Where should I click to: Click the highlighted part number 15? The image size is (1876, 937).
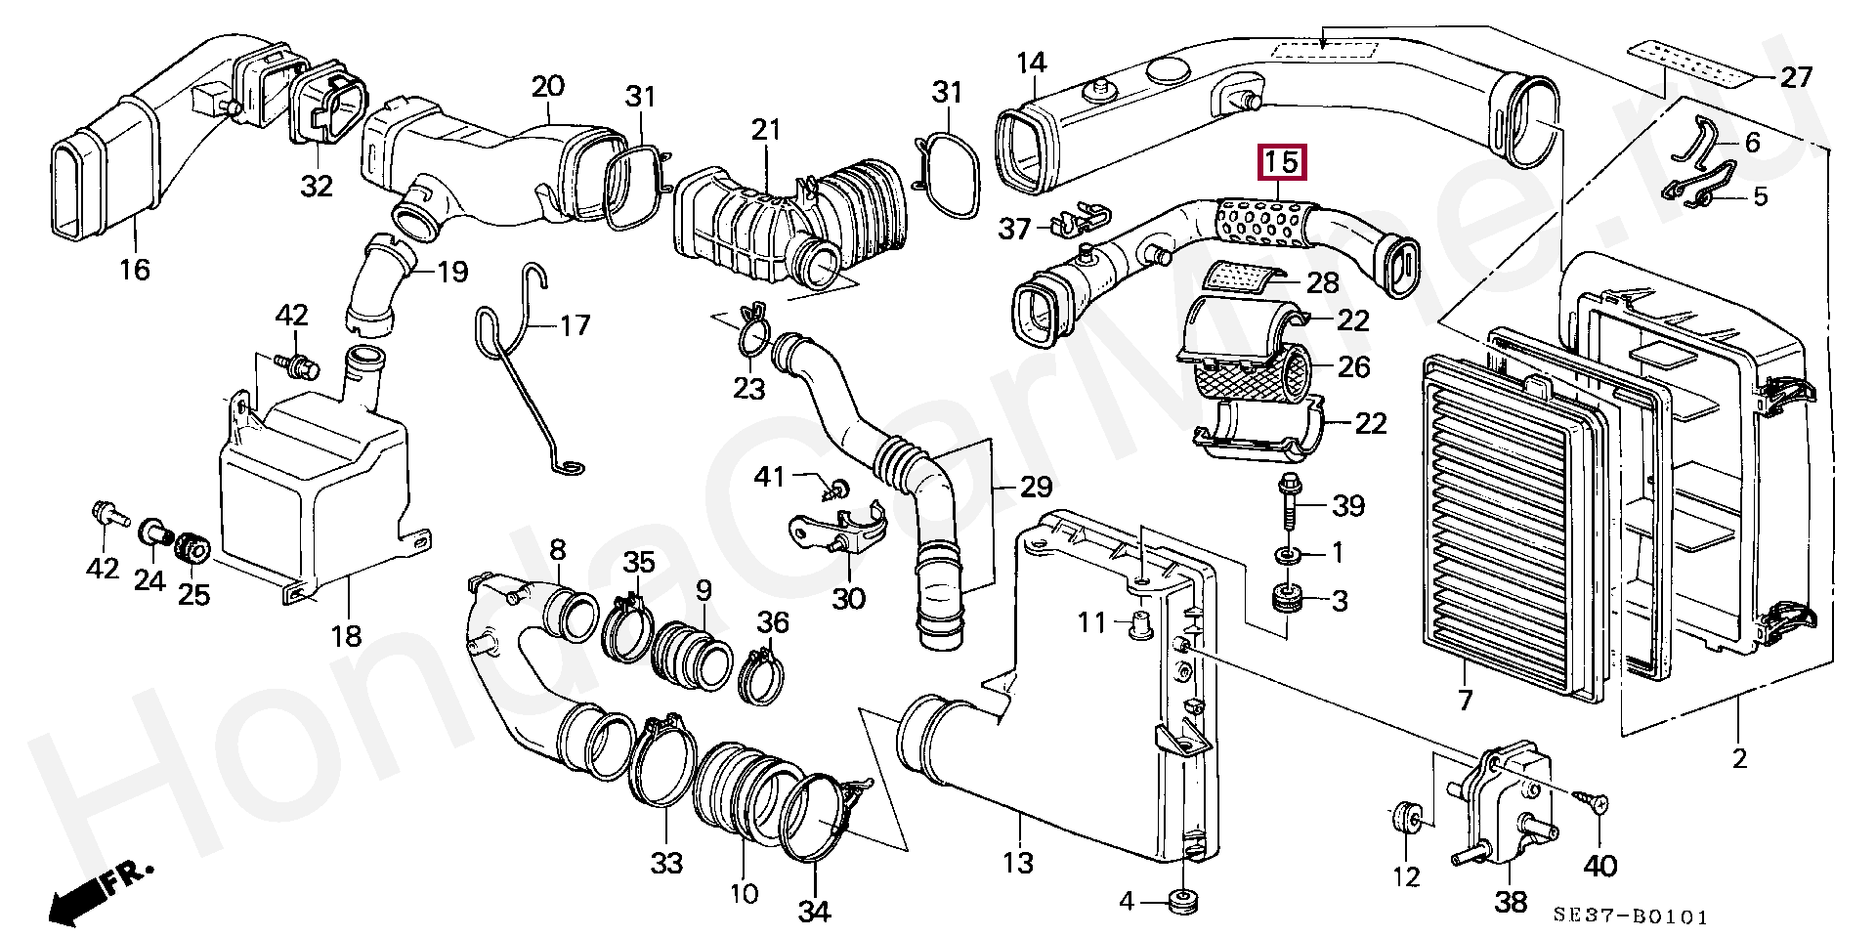1282,163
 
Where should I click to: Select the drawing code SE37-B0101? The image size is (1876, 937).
1631,916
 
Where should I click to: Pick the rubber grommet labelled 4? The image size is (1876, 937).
1186,900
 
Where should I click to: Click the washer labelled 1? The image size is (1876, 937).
1289,554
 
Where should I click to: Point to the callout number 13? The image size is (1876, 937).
1018,862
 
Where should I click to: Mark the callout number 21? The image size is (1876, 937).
767,129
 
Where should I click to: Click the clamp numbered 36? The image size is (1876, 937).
762,674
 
